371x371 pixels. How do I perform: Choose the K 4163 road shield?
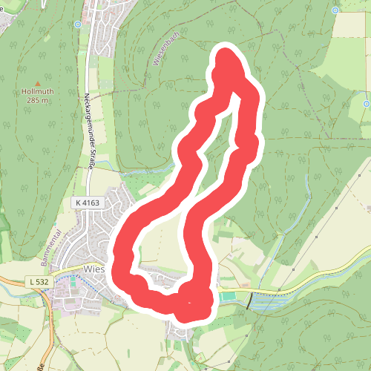pos(86,203)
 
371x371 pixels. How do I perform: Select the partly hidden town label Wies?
pos(95,269)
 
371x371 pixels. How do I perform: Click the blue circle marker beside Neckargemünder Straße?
pos(78,24)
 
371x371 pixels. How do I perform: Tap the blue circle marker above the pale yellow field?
pos(335,10)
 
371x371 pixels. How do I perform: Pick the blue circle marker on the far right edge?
pos(367,104)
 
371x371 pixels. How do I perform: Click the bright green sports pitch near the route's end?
pos(226,297)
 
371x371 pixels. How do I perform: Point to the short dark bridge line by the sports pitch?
pos(249,301)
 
